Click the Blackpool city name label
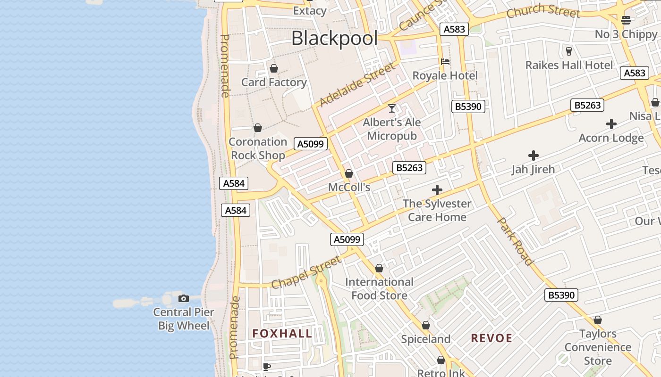tap(334, 38)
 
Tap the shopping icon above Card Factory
tap(274, 69)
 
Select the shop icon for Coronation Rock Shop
tap(258, 128)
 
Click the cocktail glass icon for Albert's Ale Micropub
tap(392, 108)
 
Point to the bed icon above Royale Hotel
tap(445, 62)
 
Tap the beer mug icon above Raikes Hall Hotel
tap(569, 51)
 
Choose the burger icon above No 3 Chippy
tap(626, 20)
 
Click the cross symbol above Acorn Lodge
tap(611, 124)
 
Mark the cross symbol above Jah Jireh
tap(534, 155)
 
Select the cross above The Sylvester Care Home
tap(437, 190)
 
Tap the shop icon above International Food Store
tap(379, 268)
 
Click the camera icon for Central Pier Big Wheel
tap(184, 298)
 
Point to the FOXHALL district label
tap(282, 334)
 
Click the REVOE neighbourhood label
tap(492, 338)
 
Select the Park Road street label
tap(516, 241)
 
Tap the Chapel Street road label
tap(306, 272)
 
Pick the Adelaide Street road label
tap(357, 85)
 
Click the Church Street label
tap(543, 10)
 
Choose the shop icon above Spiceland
tap(426, 325)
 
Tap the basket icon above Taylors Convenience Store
tap(598, 320)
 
